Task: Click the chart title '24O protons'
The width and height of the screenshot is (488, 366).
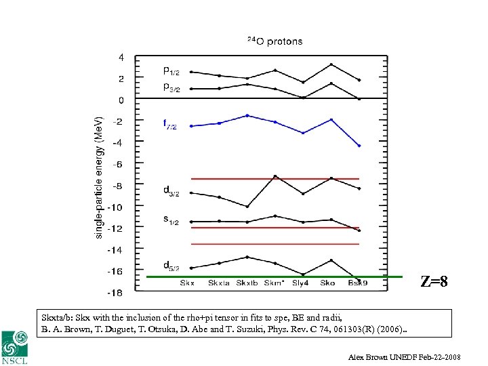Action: click(x=274, y=41)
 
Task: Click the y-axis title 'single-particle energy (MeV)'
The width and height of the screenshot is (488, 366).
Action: click(x=100, y=176)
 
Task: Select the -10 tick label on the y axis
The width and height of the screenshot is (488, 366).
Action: click(x=117, y=207)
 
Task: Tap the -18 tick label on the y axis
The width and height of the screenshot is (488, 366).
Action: click(x=117, y=293)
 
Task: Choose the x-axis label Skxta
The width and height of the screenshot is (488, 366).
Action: click(x=219, y=283)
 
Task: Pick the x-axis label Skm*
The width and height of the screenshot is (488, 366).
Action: click(x=274, y=283)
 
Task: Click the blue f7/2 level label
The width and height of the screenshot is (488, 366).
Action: click(x=169, y=125)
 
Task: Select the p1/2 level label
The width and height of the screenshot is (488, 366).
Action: click(x=171, y=70)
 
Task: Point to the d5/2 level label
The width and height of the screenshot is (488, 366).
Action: click(x=171, y=266)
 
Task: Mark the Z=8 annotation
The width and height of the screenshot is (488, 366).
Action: click(x=434, y=281)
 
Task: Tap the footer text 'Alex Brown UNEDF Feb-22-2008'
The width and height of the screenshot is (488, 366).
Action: click(x=413, y=357)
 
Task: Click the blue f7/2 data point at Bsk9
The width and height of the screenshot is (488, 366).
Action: click(x=359, y=146)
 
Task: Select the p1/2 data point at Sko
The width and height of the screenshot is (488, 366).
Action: click(x=331, y=65)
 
